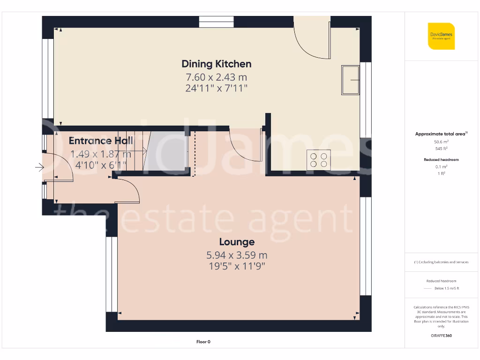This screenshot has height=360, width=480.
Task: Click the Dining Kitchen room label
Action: click(x=217, y=64)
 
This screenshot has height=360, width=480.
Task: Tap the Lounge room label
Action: click(x=237, y=242)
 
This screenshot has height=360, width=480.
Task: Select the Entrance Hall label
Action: click(x=101, y=141)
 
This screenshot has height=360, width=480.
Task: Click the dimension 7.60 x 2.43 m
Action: click(x=217, y=77)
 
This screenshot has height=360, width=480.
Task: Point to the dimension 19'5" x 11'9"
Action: click(x=237, y=266)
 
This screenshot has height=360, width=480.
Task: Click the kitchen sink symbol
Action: click(x=350, y=80)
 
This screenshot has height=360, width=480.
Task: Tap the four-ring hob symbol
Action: click(x=318, y=160)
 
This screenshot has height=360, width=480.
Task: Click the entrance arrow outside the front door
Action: click(x=39, y=167)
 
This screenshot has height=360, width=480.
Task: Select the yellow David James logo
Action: click(x=441, y=36)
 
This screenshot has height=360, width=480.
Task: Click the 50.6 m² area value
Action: click(x=441, y=141)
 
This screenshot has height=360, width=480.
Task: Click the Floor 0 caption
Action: click(x=203, y=342)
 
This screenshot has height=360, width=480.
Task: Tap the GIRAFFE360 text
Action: click(x=441, y=336)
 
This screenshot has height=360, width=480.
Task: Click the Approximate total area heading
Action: click(x=441, y=134)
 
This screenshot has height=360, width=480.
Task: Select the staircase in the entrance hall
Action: click(x=131, y=151)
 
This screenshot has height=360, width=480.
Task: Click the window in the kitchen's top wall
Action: click(x=216, y=22)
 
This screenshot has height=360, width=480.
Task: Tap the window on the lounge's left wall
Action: click(x=112, y=274)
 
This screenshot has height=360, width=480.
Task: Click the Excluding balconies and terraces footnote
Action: click(x=441, y=262)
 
